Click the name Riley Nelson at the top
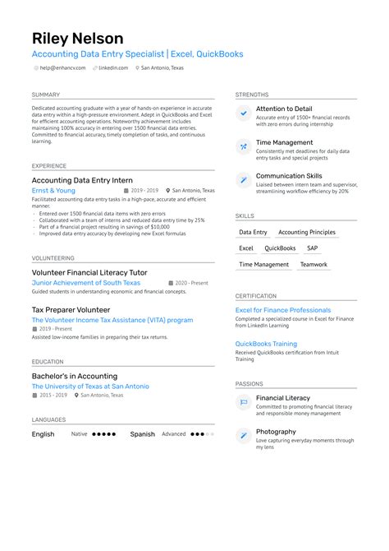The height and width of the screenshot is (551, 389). coord(77,38)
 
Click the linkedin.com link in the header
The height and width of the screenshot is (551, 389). coord(112,68)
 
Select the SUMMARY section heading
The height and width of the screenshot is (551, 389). coord(46,95)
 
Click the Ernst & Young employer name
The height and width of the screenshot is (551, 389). coord(53,190)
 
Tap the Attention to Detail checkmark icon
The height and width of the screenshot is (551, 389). coord(244,113)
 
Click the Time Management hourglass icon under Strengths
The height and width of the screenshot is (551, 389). coord(244,147)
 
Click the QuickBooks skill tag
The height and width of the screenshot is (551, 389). coord(280,248)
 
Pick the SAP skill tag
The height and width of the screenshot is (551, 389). coord(312,248)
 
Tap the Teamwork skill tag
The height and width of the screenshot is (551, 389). coord(313,265)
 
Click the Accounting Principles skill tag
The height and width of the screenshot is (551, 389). coord(305,233)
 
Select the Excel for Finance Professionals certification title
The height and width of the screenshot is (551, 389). coord(283,310)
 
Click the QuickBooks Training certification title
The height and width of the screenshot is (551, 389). coord(266,344)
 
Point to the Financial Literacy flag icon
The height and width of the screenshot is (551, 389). coord(244,402)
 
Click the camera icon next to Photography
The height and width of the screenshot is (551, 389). coord(244,436)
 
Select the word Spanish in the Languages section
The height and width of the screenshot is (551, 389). coord(142,433)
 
